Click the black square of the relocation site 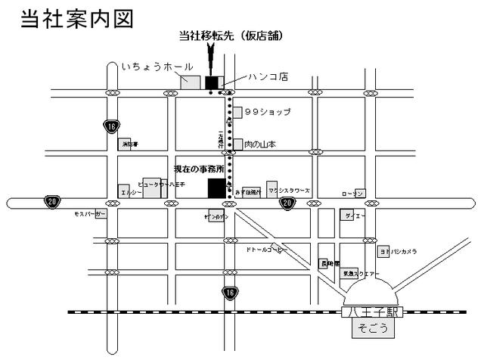pos(212,82)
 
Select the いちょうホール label pos(157,67)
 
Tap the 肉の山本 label pos(260,144)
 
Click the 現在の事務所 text pos(200,169)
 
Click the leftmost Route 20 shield pos(51,201)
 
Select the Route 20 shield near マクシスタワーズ pos(287,203)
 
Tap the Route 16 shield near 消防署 pos(111,126)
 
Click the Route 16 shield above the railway pos(229,291)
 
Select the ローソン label pos(352,194)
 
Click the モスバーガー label pos(90,215)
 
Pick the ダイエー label pos(355,216)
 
